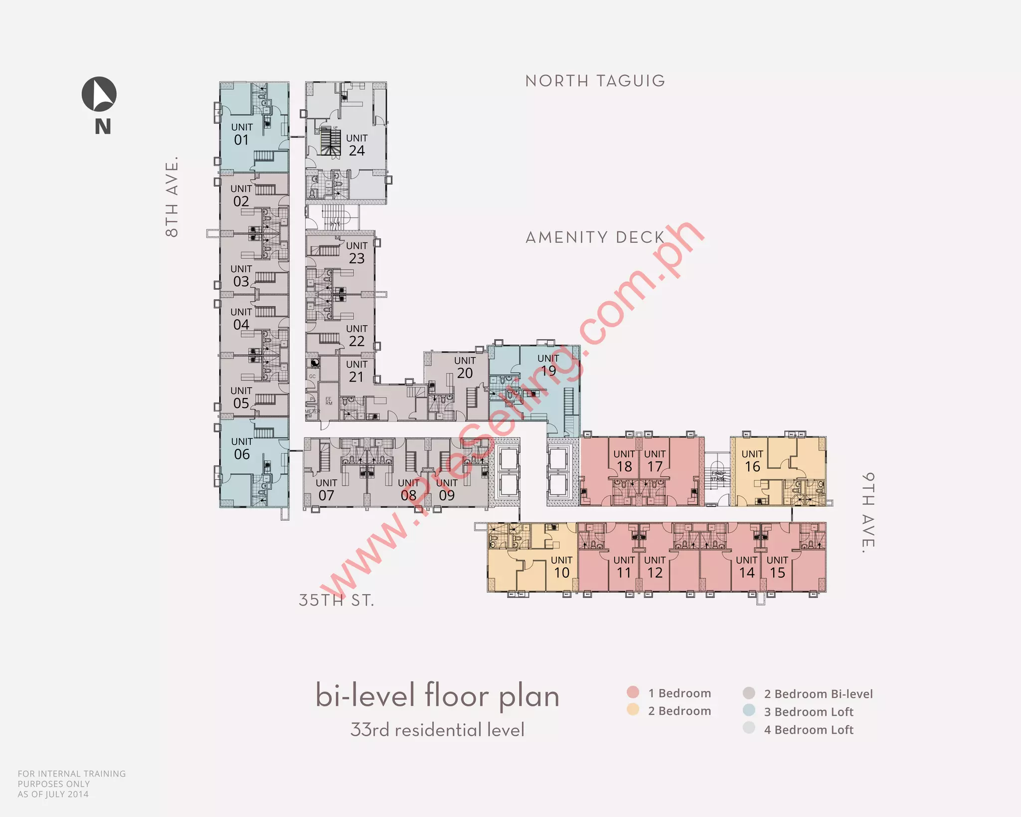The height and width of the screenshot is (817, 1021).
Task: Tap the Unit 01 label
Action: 242,134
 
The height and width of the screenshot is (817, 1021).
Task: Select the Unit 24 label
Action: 356,145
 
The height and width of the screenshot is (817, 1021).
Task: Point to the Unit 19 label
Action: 548,365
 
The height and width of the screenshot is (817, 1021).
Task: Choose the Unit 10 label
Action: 561,567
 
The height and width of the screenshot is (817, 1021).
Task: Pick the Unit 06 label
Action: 242,448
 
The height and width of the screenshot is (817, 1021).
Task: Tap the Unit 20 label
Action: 465,367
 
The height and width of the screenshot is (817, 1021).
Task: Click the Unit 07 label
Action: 326,490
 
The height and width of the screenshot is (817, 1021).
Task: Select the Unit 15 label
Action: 777,567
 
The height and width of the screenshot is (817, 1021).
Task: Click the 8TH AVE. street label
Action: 171,197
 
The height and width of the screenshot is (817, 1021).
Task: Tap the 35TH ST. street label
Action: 336,600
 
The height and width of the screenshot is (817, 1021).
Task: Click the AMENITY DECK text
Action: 595,237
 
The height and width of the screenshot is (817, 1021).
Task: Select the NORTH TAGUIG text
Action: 595,81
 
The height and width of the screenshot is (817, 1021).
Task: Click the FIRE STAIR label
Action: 717,476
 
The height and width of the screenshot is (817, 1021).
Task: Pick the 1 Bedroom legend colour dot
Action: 633,692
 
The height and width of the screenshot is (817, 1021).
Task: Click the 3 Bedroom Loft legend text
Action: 809,712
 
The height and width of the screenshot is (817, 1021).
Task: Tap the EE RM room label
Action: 329,401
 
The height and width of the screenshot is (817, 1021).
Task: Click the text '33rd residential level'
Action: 437,730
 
